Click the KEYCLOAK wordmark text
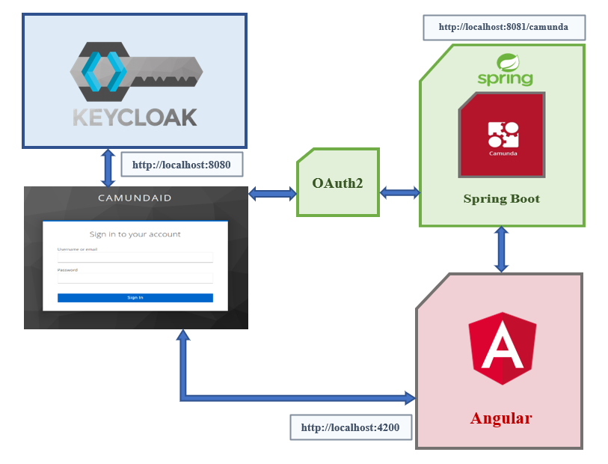click(x=135, y=117)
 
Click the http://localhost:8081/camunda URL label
click(x=503, y=27)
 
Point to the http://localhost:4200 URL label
click(x=350, y=428)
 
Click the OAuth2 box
click(x=337, y=182)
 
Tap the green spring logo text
click(x=505, y=78)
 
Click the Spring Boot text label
click(x=501, y=199)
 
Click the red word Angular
click(x=500, y=418)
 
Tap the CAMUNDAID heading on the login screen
click(x=135, y=198)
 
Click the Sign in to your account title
click(x=135, y=234)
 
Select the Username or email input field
click(x=135, y=257)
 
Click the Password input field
click(x=135, y=278)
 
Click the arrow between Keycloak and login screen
click(x=108, y=167)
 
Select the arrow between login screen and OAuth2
click(x=272, y=194)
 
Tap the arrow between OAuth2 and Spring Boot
click(x=399, y=193)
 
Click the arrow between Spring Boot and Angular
click(x=501, y=249)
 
